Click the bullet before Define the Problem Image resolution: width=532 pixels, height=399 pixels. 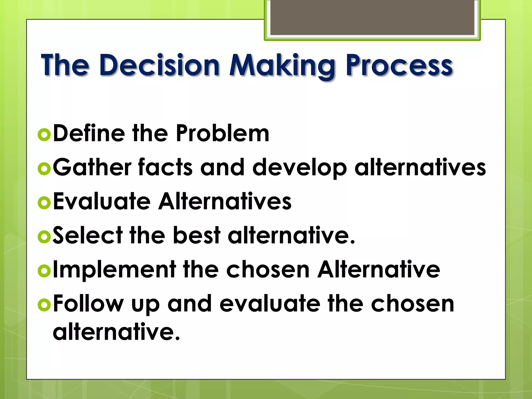44,135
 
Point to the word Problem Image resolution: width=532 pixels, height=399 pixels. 222,133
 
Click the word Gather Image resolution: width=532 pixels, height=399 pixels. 92,168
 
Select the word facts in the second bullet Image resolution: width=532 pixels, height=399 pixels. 165,168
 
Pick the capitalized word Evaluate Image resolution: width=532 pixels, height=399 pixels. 102,201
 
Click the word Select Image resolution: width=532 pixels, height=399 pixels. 88,235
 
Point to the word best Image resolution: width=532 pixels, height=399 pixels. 197,235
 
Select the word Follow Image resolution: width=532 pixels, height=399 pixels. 88,304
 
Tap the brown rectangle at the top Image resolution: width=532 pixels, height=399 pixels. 372,18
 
